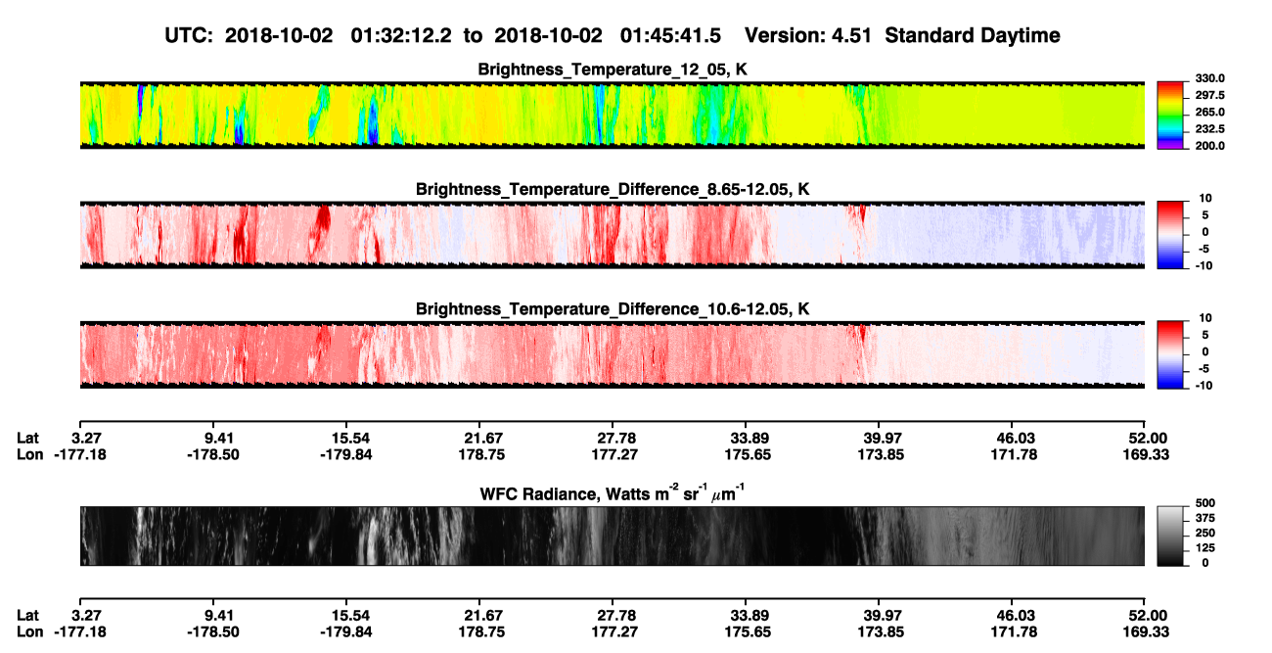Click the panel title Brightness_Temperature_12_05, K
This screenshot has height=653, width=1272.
(613, 70)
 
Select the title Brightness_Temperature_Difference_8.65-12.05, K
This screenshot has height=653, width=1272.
(613, 189)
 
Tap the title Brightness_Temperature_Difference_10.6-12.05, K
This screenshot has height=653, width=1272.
(613, 309)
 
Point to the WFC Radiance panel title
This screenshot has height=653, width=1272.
(612, 492)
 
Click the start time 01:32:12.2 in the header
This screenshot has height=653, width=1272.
(401, 35)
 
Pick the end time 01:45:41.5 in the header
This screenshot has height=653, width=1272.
(670, 35)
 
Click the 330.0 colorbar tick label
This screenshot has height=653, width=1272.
(1209, 78)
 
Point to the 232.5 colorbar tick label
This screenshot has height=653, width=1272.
(1209, 129)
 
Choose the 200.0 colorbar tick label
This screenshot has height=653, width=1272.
(1209, 146)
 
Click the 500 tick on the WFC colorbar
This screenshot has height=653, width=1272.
(1205, 503)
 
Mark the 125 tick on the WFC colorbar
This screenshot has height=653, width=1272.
(1205, 548)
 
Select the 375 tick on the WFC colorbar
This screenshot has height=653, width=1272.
(1205, 518)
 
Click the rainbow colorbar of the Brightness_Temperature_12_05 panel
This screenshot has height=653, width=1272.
(1170, 116)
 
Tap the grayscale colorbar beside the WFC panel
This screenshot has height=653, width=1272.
(1170, 536)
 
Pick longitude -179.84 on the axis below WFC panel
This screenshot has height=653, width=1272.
(345, 632)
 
